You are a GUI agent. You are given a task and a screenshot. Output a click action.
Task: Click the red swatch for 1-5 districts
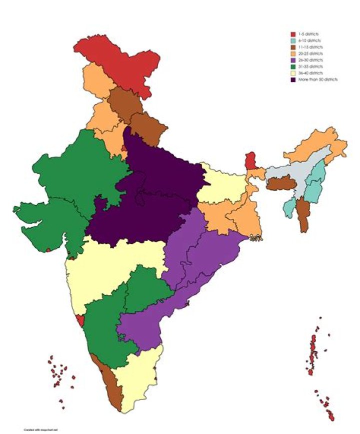point(293,34)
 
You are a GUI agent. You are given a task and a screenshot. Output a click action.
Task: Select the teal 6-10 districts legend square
point(293,41)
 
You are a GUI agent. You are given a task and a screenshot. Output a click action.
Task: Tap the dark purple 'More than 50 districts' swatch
point(293,80)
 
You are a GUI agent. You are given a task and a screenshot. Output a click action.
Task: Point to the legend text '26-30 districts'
point(311,60)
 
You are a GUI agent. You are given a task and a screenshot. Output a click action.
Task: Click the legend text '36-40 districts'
point(311,73)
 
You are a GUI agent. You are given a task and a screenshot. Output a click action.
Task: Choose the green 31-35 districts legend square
point(293,67)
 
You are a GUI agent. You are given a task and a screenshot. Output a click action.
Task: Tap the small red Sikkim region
point(250,161)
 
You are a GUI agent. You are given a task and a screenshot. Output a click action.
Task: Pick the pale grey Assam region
point(290,173)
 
